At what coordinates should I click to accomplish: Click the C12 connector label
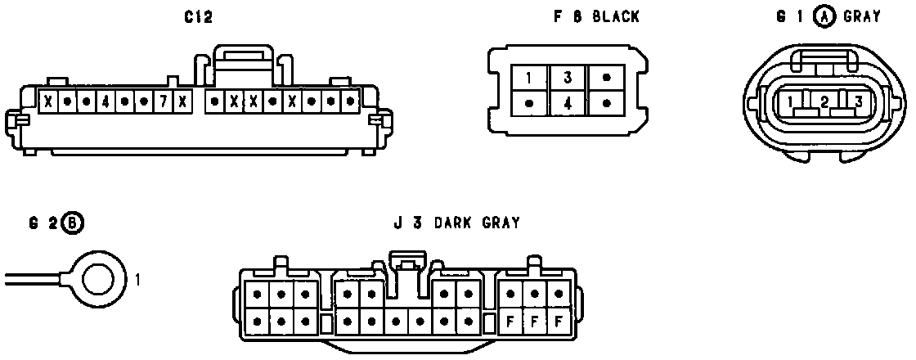pos(199,18)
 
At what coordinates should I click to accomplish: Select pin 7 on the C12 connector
pos(164,102)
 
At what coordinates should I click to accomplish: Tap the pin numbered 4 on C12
pos(105,102)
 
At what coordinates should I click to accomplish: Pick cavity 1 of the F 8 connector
pos(529,79)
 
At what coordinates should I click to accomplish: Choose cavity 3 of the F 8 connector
pos(568,79)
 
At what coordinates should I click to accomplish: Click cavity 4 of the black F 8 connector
pos(568,104)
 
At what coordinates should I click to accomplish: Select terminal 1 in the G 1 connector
pos(792,102)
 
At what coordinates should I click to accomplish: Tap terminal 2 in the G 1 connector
pos(824,102)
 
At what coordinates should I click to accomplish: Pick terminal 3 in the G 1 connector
pos(857,102)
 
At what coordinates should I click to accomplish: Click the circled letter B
pos(73,223)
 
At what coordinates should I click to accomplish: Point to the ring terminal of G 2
pos(97,279)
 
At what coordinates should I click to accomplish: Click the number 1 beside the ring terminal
pos(138,280)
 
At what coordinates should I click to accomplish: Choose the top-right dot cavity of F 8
pos(606,79)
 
